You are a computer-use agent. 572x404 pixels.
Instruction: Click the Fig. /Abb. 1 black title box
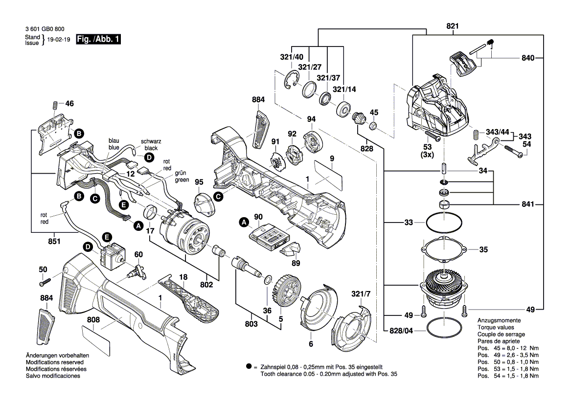pos(98,39)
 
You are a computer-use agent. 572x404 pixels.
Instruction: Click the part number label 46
pos(69,104)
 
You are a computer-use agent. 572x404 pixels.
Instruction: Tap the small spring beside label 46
pos(55,105)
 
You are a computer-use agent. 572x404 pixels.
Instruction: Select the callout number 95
pos(199,182)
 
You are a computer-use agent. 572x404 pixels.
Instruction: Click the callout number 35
pos(483,250)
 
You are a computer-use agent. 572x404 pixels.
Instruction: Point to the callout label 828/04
pos(401,330)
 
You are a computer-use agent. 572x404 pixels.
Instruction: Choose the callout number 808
pos(93,320)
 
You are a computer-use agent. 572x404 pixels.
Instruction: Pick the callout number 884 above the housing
pos(258,100)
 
